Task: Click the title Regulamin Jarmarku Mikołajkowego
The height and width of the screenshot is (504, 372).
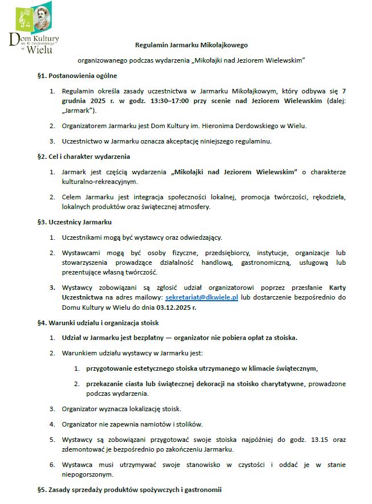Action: (191, 44)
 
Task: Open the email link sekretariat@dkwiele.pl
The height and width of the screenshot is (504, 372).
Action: (201, 297)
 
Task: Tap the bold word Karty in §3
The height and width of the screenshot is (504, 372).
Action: (337, 288)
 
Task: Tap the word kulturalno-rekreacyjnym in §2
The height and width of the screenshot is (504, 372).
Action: (100, 182)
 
